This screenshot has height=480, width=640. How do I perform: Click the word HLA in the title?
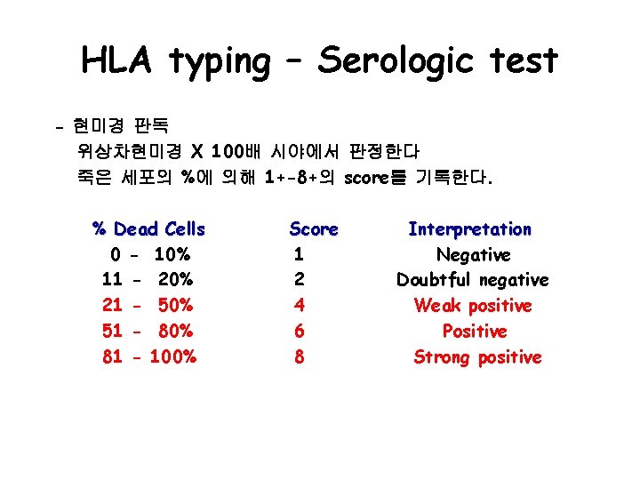click(x=117, y=60)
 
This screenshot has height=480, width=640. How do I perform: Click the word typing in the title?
click(x=219, y=62)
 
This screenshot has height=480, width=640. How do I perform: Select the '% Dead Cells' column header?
click(x=148, y=229)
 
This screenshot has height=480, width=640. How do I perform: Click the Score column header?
click(x=314, y=229)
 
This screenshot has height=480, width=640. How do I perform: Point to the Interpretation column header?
click(x=469, y=229)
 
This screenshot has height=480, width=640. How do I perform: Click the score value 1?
click(x=300, y=255)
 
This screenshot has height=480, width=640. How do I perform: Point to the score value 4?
click(x=300, y=306)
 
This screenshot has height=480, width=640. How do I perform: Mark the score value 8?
click(x=300, y=357)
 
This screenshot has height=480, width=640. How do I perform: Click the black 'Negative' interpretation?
click(x=473, y=255)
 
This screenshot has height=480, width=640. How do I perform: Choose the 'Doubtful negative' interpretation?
click(x=473, y=280)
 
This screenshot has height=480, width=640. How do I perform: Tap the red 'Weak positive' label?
click(x=473, y=306)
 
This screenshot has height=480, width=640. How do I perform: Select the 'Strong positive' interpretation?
click(x=477, y=357)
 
